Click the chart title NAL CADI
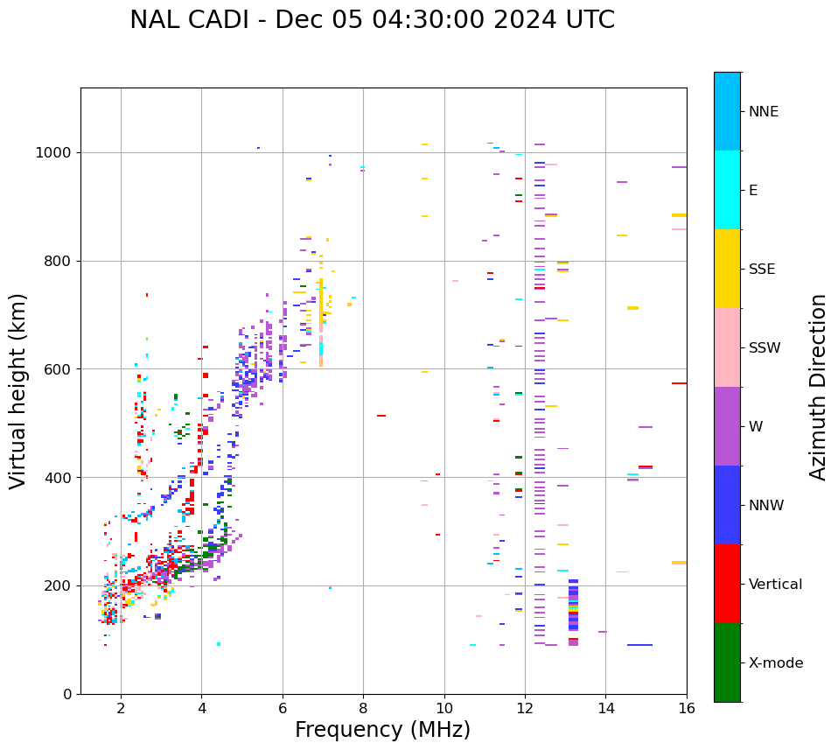coord(372,20)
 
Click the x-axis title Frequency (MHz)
coord(382,730)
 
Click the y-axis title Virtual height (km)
coord(18,390)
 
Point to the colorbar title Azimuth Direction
coord(818,387)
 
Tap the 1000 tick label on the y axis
coord(54,152)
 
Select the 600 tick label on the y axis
coord(59,369)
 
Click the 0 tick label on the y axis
coord(67,694)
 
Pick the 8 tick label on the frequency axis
coord(363,707)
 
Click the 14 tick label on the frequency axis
coord(605,707)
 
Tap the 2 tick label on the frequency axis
coord(121,707)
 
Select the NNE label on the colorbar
coord(763,112)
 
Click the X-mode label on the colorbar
coord(775,663)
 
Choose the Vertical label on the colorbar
coord(775,585)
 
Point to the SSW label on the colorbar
coord(764,348)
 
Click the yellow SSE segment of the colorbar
coord(727,269)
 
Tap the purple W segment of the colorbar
coord(727,426)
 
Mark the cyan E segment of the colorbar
coord(727,190)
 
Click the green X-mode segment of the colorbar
coord(727,662)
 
